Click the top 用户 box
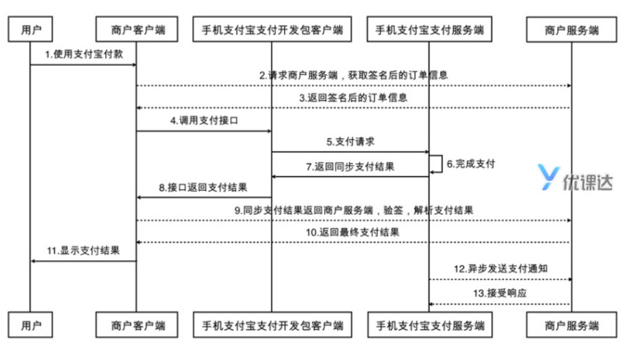coord(31,29)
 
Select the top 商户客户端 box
coord(137,29)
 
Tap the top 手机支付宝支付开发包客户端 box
coord(272,29)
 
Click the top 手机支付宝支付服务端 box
coord(430,29)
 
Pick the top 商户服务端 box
coord(572,29)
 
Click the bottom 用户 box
coord(31,326)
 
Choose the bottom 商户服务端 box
coord(572,326)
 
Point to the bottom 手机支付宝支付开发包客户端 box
coord(272,326)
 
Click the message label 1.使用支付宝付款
coord(83,55)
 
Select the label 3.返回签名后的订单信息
coord(354,98)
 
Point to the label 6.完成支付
coord(471,164)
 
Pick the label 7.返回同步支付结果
coord(351,167)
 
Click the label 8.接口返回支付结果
coord(203,188)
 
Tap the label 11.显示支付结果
coord(83,251)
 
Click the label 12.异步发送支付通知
coord(500,268)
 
